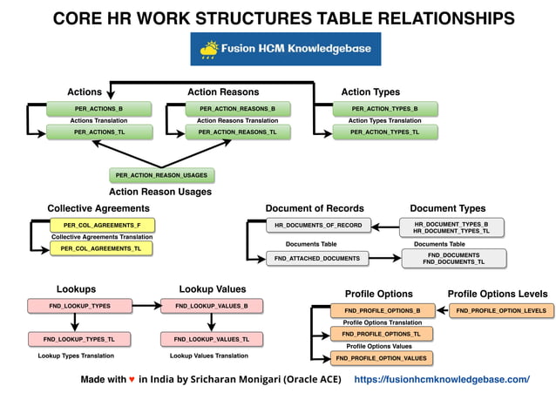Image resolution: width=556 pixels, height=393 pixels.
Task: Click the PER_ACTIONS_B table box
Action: click(98, 109)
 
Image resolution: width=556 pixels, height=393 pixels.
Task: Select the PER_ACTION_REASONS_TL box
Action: click(237, 132)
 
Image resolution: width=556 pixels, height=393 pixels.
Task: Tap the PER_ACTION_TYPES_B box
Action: click(384, 109)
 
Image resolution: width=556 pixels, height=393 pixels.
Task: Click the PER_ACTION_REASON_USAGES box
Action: click(161, 175)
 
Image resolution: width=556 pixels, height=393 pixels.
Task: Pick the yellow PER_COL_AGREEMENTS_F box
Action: click(96, 225)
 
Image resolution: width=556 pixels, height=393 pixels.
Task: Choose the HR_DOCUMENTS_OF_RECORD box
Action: click(318, 225)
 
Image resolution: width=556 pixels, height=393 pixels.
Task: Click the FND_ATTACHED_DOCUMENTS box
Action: click(318, 259)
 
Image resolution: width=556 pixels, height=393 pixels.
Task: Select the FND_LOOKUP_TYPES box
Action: click(79, 306)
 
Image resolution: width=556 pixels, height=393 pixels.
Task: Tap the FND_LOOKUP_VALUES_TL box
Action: click(211, 339)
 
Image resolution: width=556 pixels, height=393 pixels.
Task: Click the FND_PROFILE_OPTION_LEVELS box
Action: click(501, 310)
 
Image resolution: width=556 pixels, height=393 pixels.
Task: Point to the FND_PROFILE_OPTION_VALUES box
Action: click(381, 358)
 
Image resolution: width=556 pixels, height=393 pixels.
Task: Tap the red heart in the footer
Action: click(132, 380)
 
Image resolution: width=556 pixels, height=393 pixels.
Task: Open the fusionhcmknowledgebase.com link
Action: click(442, 380)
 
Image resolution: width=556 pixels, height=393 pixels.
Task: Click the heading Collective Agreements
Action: click(94, 208)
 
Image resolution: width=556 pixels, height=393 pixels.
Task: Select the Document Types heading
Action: click(448, 208)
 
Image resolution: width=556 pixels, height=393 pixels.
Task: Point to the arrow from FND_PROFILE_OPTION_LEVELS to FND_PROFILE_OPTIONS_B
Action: click(441, 310)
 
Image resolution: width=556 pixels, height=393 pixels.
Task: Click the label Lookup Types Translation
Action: click(77, 356)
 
